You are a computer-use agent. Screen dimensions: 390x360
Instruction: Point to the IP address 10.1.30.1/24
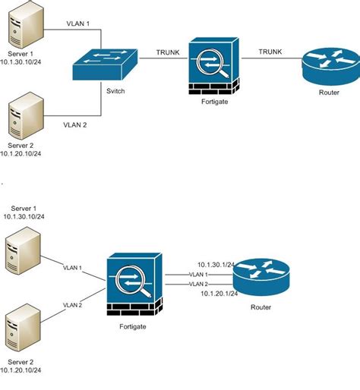point(215,263)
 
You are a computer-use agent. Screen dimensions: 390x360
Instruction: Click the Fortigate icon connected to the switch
point(213,67)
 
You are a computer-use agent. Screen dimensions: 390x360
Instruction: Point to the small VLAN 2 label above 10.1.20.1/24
point(198,284)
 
